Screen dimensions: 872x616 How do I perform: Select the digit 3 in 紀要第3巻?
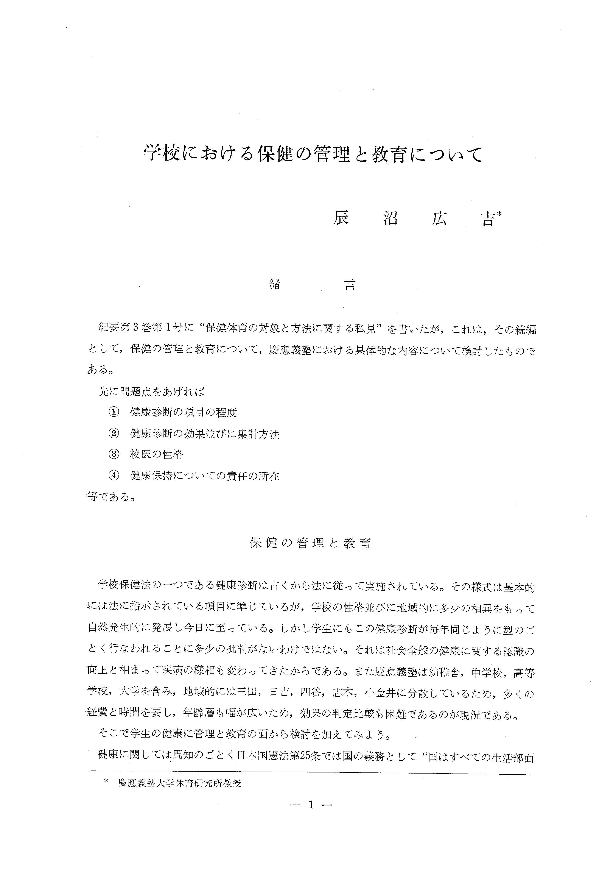click(x=137, y=329)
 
